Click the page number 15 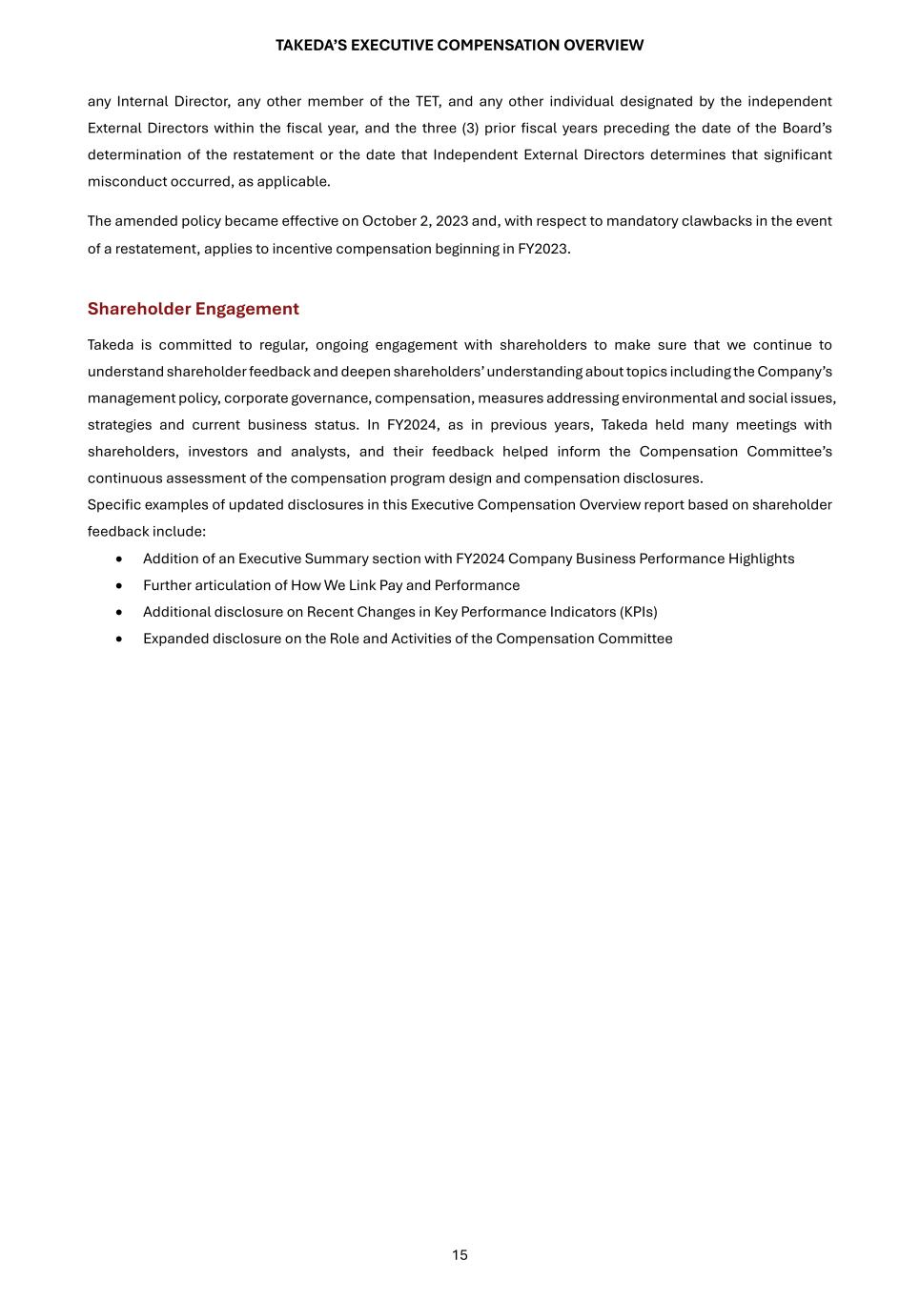tap(460, 1255)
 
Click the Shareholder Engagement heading tap(193, 309)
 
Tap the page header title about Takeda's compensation tap(460, 46)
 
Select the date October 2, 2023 tap(416, 221)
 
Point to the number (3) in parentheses tap(470, 128)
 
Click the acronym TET tap(427, 101)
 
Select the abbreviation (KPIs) tap(639, 612)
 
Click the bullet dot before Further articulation tap(118, 585)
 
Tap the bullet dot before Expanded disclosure tap(118, 639)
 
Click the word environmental tap(668, 398)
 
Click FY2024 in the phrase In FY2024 tap(412, 425)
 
